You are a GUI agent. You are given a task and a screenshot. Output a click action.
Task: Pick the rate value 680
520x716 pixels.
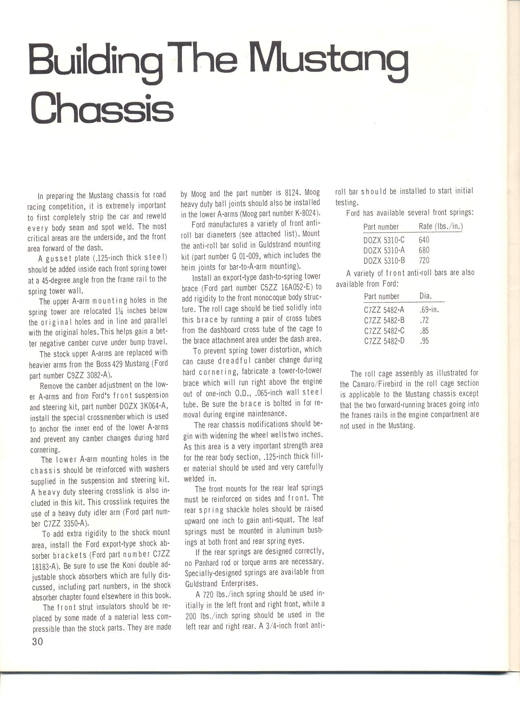click(424, 250)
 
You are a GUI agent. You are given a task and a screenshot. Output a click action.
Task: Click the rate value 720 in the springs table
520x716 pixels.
click(424, 260)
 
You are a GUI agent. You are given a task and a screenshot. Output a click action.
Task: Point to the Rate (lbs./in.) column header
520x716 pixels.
click(440, 227)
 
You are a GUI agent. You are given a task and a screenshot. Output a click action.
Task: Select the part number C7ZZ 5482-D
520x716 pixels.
click(384, 341)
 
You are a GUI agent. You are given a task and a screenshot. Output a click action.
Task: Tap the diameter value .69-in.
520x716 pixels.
click(429, 309)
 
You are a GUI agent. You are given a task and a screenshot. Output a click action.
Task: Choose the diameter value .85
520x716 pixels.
click(424, 331)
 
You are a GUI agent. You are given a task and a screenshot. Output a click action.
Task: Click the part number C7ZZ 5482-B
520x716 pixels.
click(384, 320)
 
